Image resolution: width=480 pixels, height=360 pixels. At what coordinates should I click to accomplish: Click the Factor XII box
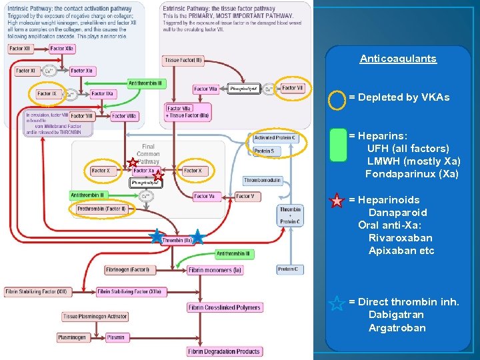19,49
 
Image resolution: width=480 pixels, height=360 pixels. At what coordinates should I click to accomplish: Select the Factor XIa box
82,71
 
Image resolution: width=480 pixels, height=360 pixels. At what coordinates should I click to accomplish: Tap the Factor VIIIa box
124,116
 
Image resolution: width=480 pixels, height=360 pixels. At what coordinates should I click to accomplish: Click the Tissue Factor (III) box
183,61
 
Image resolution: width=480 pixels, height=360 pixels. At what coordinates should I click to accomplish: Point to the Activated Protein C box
275,138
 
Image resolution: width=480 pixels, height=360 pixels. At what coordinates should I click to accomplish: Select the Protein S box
264,151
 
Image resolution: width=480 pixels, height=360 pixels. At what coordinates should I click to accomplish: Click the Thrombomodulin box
263,180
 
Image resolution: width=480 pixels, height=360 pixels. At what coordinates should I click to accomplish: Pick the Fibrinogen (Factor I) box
127,270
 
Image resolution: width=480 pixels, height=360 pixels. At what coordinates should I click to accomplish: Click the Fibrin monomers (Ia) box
215,270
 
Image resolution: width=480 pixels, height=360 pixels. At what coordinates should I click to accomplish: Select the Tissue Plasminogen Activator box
95,316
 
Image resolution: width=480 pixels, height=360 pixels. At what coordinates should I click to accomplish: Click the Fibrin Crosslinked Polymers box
225,307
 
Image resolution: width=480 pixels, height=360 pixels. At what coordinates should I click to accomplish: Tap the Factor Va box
204,196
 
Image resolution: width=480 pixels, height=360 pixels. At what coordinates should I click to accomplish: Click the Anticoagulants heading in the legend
398,59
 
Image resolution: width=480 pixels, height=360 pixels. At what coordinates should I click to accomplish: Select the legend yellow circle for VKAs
337,99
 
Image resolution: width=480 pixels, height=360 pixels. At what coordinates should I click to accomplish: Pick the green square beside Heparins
338,145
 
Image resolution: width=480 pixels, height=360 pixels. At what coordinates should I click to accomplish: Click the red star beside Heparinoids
337,200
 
